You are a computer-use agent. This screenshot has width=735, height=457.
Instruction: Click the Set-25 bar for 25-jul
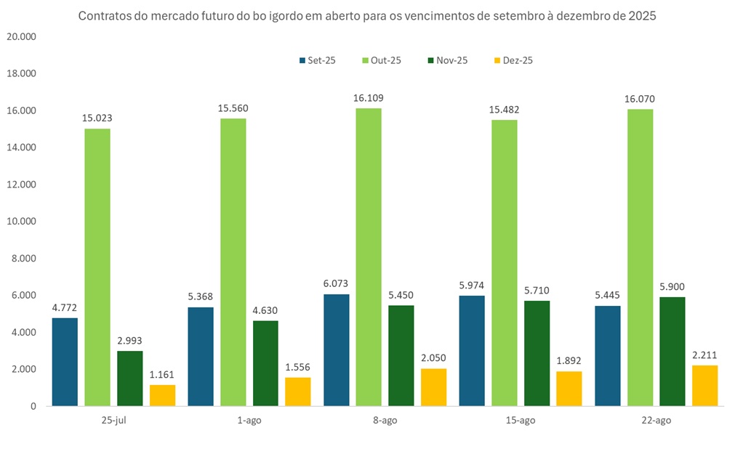pyautogui.click(x=65, y=362)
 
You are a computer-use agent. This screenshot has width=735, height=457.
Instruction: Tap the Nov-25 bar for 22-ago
pyautogui.click(x=672, y=351)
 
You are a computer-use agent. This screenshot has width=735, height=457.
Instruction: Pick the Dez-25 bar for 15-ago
pyautogui.click(x=569, y=388)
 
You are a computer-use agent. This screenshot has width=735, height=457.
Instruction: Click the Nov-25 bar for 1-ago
pyautogui.click(x=265, y=363)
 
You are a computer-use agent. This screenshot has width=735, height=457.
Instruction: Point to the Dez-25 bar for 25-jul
pyautogui.click(x=163, y=395)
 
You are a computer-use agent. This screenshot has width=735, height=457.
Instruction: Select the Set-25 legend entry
pyautogui.click(x=317, y=60)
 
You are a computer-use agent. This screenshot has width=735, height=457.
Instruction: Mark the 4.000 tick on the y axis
pyautogui.click(x=23, y=332)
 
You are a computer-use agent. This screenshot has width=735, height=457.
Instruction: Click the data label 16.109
pyautogui.click(x=369, y=97)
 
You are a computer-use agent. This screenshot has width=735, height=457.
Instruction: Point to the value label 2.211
pyautogui.click(x=704, y=355)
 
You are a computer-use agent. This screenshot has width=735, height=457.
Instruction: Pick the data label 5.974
pyautogui.click(x=472, y=285)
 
